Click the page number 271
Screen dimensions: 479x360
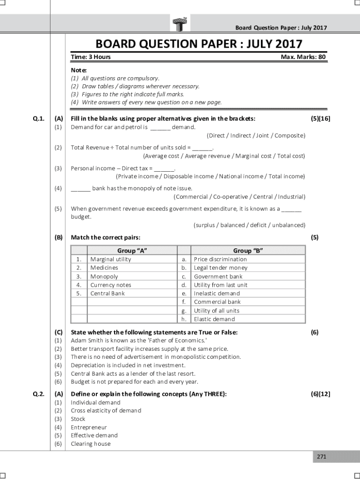(321, 457)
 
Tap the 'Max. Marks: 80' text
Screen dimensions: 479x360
(303, 57)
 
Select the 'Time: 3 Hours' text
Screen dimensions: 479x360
(91, 57)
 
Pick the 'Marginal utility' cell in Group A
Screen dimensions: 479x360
(111, 259)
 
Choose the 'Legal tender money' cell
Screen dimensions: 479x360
(221, 268)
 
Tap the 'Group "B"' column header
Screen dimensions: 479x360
(248, 250)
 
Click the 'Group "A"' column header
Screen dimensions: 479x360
(132, 250)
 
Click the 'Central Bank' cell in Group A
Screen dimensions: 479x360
(108, 293)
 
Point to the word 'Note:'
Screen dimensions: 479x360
(79, 70)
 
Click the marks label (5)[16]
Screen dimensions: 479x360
(320, 118)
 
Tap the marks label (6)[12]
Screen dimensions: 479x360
(320, 394)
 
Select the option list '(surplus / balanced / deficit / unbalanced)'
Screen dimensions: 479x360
(249, 225)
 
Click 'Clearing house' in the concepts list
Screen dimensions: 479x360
(91, 444)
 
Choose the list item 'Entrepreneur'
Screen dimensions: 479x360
(89, 427)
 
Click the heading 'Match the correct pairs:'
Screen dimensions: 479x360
(105, 238)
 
